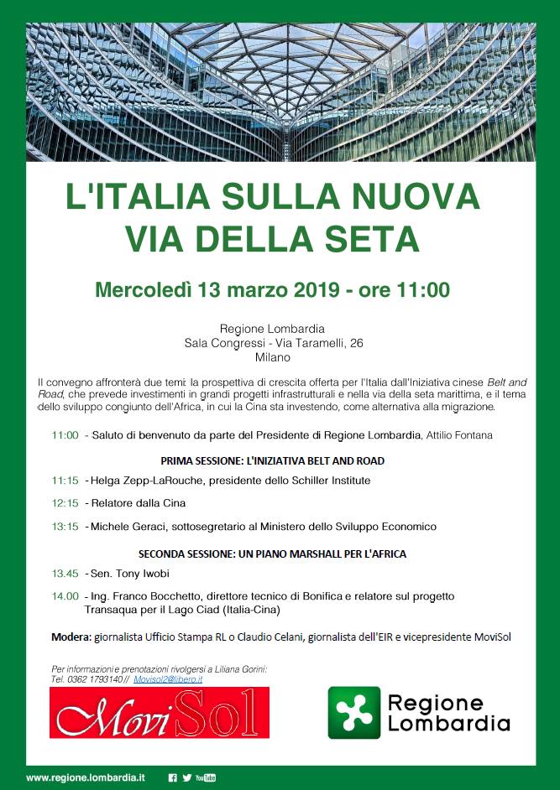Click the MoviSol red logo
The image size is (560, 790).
click(x=160, y=713)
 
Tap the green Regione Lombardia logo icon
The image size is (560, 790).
click(x=353, y=713)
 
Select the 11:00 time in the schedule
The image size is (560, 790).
click(x=65, y=436)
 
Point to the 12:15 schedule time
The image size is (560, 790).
click(x=65, y=503)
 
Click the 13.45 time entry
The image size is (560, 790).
click(x=65, y=574)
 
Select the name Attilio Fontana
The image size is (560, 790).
click(x=459, y=436)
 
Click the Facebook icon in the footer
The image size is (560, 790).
click(x=173, y=777)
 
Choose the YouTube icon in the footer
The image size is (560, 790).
click(x=206, y=777)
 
